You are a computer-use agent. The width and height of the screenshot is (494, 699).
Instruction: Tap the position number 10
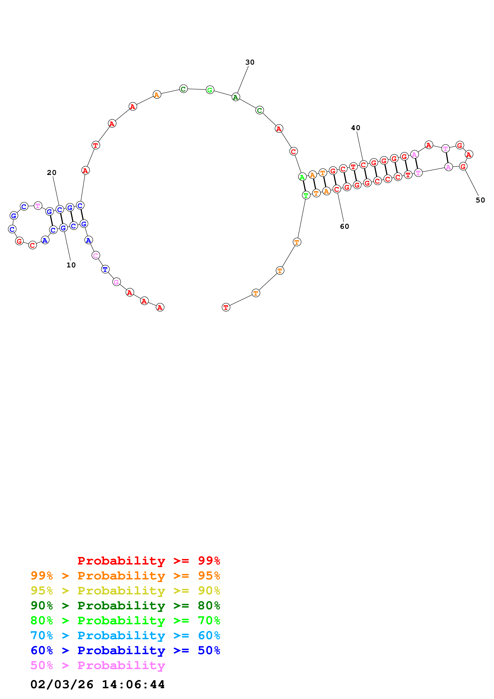coord(71,265)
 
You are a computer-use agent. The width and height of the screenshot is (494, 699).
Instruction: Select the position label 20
coord(51,173)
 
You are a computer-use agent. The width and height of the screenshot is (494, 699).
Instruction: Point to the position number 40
coord(356,128)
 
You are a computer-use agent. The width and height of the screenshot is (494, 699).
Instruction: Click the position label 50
coord(480,200)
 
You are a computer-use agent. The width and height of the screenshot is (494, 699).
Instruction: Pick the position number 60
coord(344,227)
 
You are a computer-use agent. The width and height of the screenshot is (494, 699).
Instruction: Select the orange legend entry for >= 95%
coord(125,576)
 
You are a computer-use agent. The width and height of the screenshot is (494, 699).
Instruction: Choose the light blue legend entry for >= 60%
coord(125,635)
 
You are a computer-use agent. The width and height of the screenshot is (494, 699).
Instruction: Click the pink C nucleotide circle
coord(96,255)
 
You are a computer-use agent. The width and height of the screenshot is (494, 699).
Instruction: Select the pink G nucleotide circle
coord(116,282)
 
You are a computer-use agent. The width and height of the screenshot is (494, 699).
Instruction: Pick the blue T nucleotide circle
coord(105,269)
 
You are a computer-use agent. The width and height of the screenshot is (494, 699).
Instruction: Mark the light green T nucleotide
coord(306,195)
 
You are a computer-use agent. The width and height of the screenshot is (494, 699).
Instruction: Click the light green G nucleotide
coord(210,90)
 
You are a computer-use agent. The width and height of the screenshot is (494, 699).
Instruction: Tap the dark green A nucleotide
coord(236,97)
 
